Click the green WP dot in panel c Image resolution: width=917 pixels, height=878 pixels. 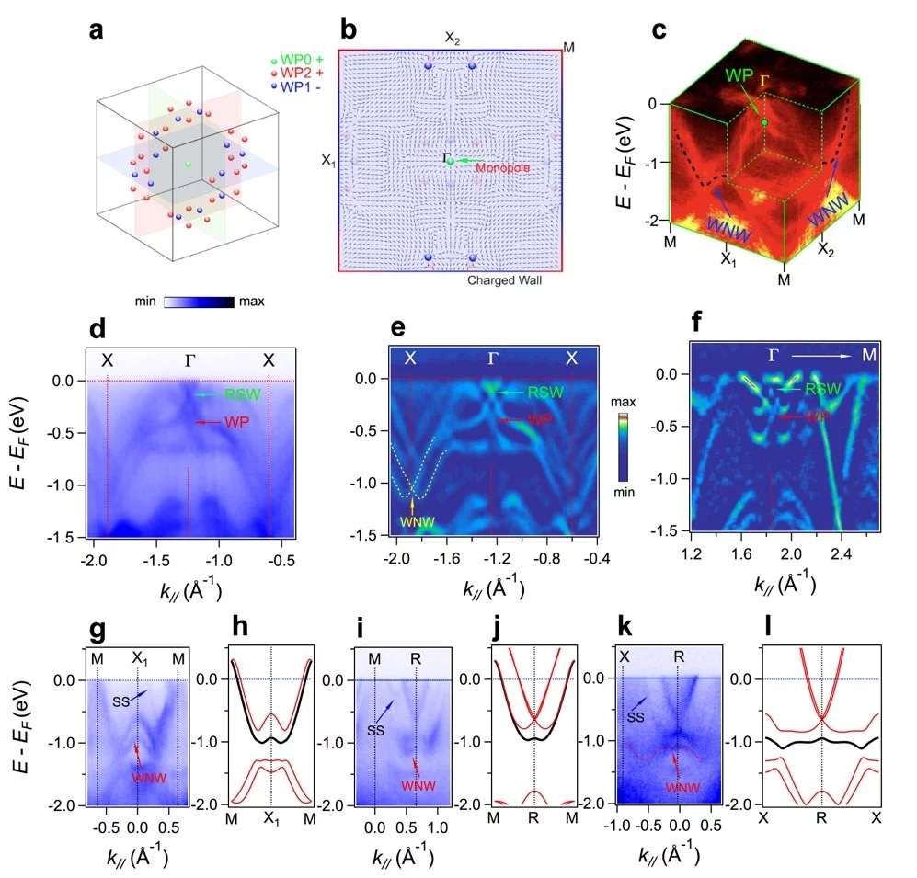point(764,122)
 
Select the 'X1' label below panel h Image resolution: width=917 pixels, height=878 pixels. point(270,817)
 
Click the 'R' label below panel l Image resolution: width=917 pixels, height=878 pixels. point(820,816)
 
